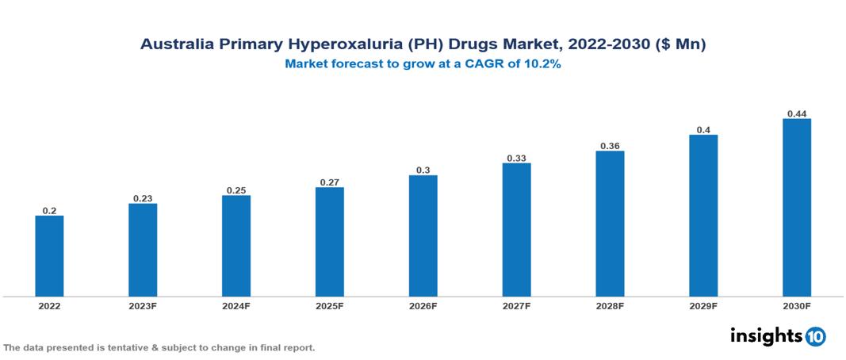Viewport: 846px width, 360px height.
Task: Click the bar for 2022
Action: point(49,256)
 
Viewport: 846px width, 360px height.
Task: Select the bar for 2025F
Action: point(329,242)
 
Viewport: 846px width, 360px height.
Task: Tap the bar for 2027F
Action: point(516,230)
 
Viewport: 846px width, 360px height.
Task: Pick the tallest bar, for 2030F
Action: point(797,208)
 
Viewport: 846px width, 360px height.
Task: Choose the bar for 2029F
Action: point(703,216)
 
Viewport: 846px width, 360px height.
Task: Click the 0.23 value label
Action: point(143,198)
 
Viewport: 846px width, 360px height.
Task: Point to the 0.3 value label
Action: point(423,170)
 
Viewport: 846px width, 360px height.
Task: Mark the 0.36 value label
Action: point(610,145)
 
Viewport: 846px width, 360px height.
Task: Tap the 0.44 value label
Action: point(797,113)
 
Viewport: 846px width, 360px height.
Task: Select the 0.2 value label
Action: point(49,210)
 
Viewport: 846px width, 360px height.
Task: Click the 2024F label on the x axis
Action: point(236,306)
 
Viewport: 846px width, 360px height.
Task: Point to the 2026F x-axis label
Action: point(423,306)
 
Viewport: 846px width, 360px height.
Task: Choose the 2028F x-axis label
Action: point(610,306)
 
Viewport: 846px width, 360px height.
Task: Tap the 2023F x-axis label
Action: point(143,306)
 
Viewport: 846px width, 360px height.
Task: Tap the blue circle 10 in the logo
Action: point(815,336)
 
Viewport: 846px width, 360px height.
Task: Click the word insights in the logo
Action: point(766,335)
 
